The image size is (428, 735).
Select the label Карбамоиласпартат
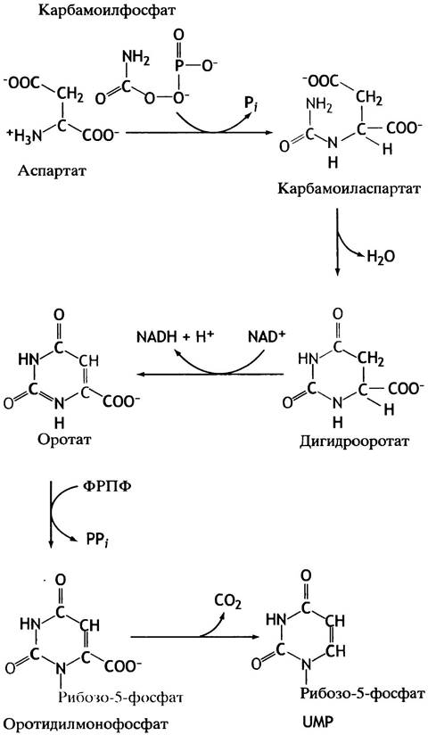click(x=348, y=188)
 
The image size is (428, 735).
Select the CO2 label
click(x=228, y=601)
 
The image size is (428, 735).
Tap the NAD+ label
click(x=265, y=337)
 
